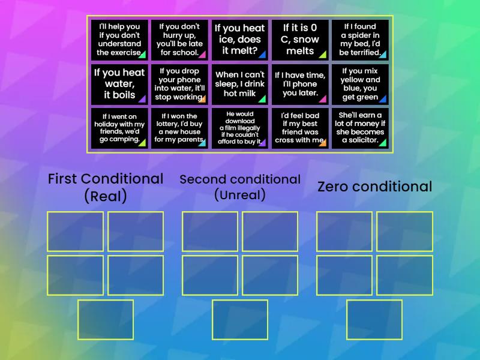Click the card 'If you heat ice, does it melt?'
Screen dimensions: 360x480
(x=240, y=40)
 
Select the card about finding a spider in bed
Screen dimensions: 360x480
(x=360, y=40)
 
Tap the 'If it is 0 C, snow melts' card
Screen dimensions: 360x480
(x=300, y=40)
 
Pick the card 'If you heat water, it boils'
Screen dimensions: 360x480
(x=119, y=84)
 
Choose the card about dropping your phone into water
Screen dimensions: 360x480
(x=179, y=84)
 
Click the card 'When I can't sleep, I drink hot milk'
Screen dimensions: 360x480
(x=240, y=84)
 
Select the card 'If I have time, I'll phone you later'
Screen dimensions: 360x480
(x=300, y=84)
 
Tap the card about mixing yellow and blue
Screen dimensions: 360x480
(x=360, y=84)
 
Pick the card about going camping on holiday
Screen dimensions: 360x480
(x=119, y=128)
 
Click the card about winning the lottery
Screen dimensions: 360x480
(x=179, y=128)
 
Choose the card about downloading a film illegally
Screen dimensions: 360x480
(x=240, y=128)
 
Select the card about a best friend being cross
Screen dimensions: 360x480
(x=300, y=128)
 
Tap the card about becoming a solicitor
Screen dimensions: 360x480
(x=360, y=128)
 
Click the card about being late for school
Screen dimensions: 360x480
(x=179, y=40)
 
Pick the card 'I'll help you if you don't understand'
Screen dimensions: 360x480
(x=119, y=40)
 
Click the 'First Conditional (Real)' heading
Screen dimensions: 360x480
(x=106, y=187)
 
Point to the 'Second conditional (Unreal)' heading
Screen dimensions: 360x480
(x=240, y=187)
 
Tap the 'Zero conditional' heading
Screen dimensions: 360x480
(x=374, y=187)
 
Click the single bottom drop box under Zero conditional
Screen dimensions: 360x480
(x=374, y=320)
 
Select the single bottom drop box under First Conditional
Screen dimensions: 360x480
(x=106, y=320)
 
